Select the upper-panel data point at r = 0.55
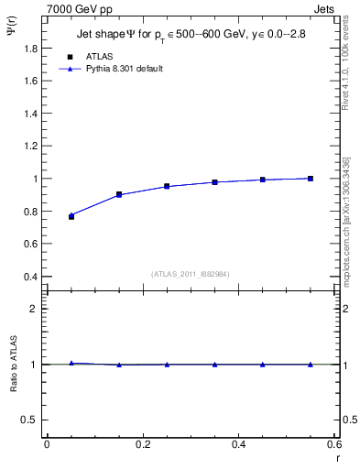311,179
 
